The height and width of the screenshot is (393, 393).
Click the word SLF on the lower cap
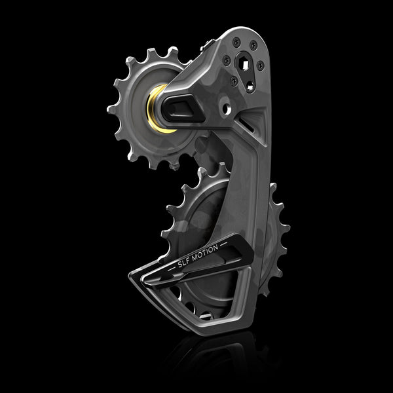[x=186, y=264]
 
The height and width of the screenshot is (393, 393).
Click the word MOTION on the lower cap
[x=209, y=252]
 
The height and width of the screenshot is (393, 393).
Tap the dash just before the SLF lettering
[x=173, y=271]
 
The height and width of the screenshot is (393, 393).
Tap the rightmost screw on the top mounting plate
[x=261, y=64]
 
